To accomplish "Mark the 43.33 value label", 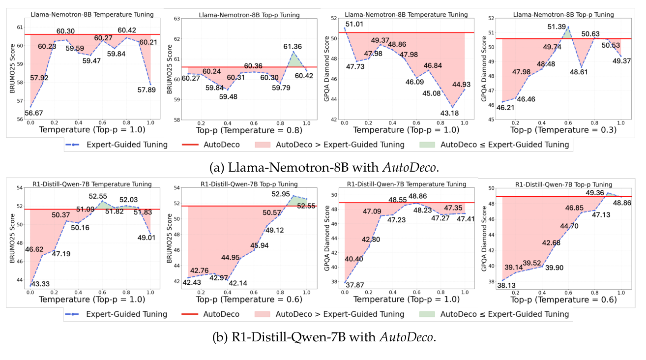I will tap(42, 284).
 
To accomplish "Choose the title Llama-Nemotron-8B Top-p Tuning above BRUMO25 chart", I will tap(249, 15).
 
